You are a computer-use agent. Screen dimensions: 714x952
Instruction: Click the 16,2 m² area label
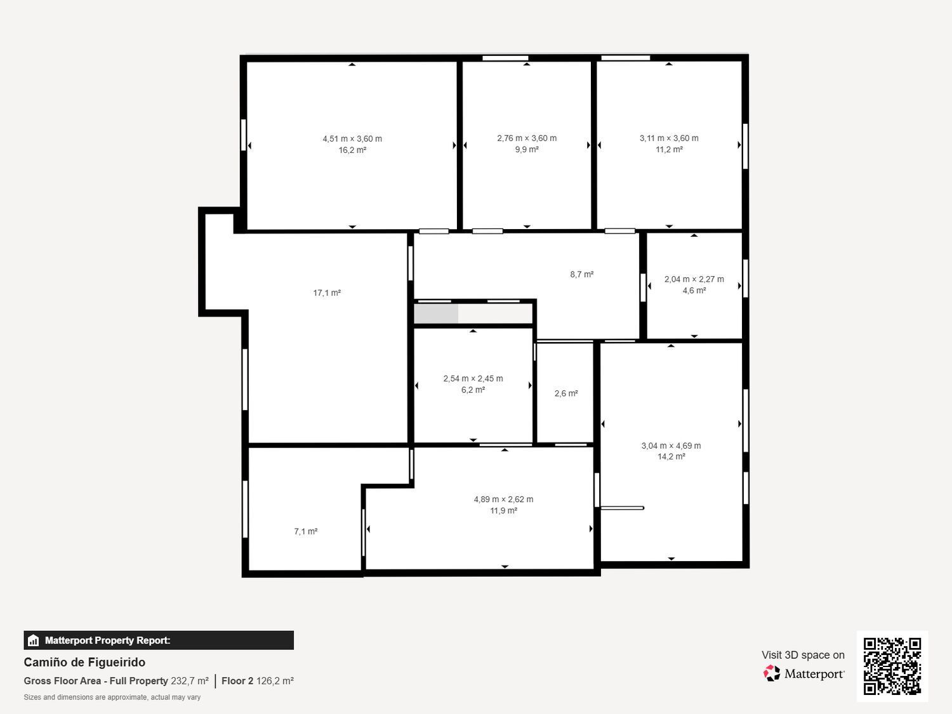(352, 150)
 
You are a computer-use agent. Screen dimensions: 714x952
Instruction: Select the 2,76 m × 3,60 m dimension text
(527, 138)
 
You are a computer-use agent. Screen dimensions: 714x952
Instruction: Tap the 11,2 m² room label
(669, 150)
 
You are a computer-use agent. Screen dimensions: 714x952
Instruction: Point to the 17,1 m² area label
(327, 293)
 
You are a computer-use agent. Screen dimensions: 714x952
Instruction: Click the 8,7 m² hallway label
(581, 275)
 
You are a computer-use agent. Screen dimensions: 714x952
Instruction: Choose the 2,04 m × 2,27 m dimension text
(694, 279)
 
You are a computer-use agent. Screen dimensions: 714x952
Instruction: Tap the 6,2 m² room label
(473, 390)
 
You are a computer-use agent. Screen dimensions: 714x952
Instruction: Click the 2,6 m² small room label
(566, 393)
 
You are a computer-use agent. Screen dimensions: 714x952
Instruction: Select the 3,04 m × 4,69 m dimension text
(671, 446)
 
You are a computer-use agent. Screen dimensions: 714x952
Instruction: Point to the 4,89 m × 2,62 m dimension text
(503, 499)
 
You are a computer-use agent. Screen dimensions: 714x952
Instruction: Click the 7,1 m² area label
(305, 532)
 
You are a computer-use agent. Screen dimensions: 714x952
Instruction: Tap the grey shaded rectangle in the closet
(436, 314)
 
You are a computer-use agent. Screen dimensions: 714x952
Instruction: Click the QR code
(892, 666)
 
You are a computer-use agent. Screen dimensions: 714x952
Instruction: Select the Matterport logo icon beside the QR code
(772, 673)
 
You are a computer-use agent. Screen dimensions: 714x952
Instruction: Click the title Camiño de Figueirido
(84, 662)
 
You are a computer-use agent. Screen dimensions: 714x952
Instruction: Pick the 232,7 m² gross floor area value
(189, 681)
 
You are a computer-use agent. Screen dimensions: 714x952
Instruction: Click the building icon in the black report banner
(34, 640)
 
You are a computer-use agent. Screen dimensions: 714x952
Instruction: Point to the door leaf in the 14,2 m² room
(623, 508)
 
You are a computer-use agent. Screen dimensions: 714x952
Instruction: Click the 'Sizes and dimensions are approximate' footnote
(112, 697)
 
